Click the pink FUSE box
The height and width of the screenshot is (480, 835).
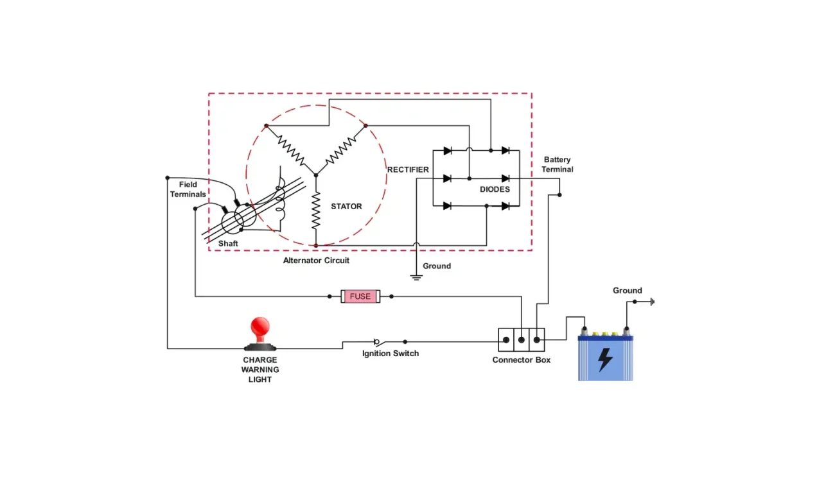(360, 296)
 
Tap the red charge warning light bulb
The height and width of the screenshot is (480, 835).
(260, 329)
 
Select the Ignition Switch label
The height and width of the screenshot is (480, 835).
(390, 354)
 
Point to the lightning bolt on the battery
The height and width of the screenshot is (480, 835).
(605, 360)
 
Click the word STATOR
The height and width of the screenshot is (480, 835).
(346, 207)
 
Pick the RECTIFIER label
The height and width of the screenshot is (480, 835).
(408, 169)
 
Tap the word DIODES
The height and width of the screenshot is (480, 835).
(495, 189)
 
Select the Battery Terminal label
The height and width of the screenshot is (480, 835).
(557, 164)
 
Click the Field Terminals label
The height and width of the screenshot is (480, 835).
(188, 189)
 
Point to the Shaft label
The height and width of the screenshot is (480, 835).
(228, 244)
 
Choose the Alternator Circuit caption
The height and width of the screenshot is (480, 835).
(316, 261)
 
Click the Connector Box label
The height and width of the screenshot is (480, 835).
(521, 360)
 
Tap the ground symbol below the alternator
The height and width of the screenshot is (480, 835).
(416, 277)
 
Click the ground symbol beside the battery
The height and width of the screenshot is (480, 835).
(651, 301)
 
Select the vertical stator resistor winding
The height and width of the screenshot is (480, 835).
(315, 210)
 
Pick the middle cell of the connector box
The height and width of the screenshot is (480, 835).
(522, 339)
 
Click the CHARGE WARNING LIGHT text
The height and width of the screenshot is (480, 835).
(260, 370)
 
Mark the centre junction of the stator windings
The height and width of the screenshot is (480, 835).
(315, 174)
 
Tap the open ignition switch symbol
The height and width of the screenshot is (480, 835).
(390, 341)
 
